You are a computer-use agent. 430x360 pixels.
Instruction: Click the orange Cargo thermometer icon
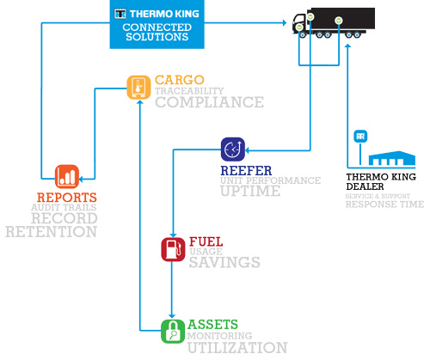(138, 88)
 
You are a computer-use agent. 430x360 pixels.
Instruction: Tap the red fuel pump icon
(173, 249)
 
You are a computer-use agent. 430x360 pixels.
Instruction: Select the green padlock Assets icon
(173, 332)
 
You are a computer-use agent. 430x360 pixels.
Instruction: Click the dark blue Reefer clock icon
(233, 149)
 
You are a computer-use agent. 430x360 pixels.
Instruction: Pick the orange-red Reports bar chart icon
(67, 176)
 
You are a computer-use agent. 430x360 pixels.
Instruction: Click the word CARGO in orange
(180, 80)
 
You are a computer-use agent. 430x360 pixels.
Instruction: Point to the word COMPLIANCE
(210, 102)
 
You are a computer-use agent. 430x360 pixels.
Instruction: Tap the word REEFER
(246, 171)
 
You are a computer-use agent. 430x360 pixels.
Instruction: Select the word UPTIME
(250, 191)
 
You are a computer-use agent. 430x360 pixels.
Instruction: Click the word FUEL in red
(206, 241)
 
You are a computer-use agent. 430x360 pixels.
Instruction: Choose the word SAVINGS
(224, 262)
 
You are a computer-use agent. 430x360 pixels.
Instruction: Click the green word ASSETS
(212, 325)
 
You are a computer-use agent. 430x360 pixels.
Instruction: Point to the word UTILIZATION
(237, 347)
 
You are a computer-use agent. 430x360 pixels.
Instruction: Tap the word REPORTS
(67, 198)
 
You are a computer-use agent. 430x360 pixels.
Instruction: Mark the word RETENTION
(52, 231)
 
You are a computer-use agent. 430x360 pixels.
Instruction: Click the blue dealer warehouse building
(392, 158)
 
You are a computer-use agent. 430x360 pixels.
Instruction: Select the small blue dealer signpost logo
(360, 136)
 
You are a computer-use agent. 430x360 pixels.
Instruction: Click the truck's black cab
(300, 24)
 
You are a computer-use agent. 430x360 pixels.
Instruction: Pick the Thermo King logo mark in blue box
(120, 14)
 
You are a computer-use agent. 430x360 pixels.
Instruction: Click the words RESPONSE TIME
(384, 204)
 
